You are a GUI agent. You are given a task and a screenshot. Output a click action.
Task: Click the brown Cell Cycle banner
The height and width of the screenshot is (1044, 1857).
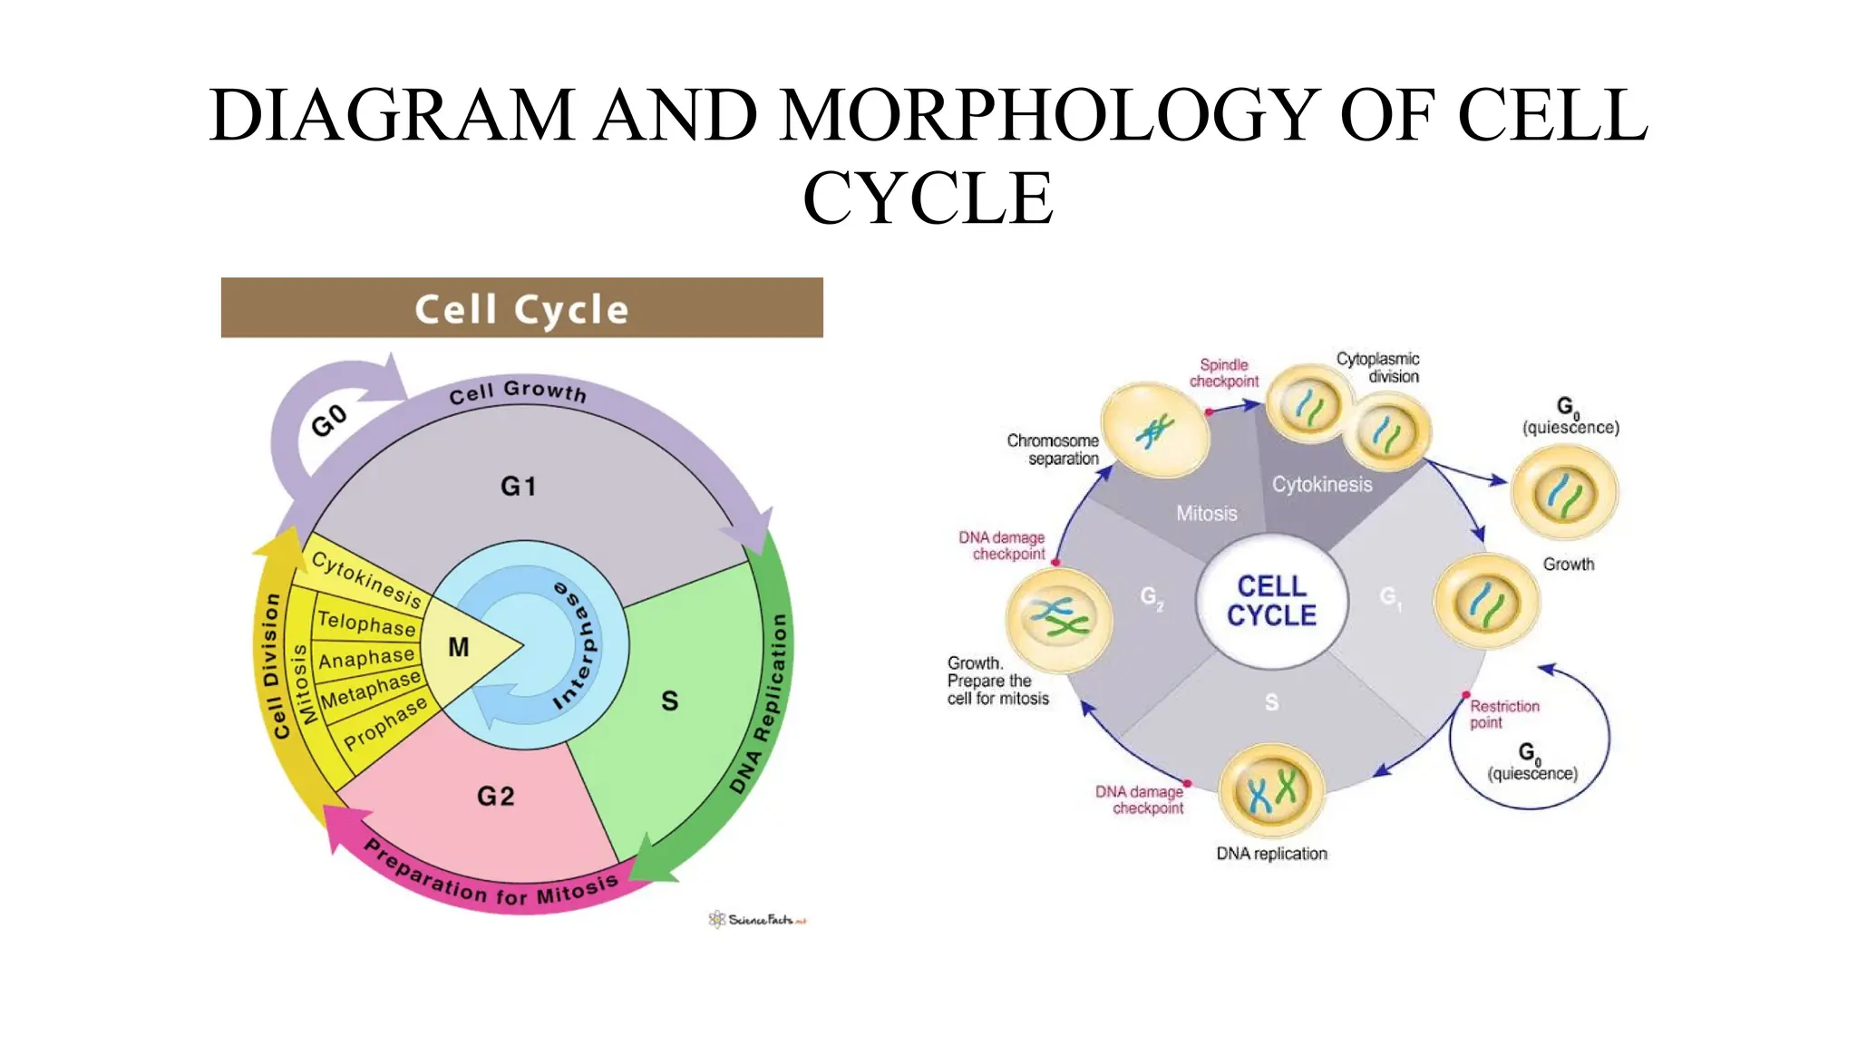tap(521, 308)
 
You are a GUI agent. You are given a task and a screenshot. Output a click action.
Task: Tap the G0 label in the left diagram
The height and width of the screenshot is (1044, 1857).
tap(329, 420)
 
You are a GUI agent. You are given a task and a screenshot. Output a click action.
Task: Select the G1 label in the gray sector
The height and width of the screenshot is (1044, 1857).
tap(519, 487)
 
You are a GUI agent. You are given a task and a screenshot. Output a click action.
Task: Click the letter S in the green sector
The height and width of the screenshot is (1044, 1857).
tap(669, 701)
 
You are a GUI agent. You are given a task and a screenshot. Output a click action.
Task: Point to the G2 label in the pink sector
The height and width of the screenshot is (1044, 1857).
tap(496, 797)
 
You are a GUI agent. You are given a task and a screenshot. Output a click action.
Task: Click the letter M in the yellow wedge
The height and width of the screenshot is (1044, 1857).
tap(459, 647)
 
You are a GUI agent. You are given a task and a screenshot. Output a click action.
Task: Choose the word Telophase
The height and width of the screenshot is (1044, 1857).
tap(366, 623)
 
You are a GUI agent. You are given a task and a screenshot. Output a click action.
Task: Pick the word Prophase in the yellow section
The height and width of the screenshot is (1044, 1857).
tap(384, 723)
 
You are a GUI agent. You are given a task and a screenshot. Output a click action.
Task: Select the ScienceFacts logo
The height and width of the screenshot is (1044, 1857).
tap(757, 920)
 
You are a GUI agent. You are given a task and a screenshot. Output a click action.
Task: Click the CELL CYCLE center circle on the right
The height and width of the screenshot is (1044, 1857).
tap(1271, 601)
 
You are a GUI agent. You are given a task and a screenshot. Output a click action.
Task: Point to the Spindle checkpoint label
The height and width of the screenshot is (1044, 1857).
tap(1223, 372)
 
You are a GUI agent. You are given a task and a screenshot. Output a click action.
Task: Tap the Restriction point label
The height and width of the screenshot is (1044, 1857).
tap(1504, 714)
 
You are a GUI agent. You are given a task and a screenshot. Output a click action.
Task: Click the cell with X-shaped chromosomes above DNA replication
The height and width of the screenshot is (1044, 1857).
tap(1272, 791)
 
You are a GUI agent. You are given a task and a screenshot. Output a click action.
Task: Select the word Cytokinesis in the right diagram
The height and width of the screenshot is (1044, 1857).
tap(1321, 485)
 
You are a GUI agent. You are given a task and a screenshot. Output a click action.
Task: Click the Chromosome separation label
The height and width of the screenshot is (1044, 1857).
tap(1054, 449)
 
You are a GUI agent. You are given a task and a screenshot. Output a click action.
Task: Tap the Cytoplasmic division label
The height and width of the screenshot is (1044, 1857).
tap(1378, 367)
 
